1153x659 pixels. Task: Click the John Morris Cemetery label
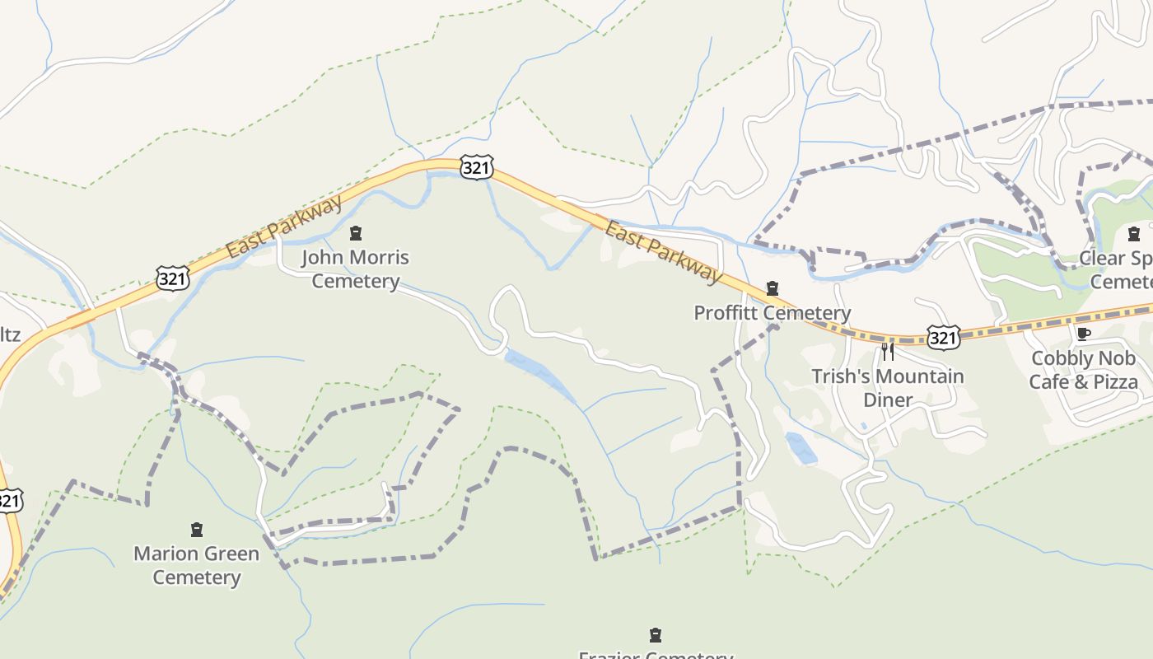[x=355, y=269]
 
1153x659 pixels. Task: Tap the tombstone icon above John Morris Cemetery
[x=356, y=234]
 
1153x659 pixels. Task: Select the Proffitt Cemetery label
[x=772, y=313]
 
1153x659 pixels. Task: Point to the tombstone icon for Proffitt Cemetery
[x=773, y=288]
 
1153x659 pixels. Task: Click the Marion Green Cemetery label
[x=196, y=565]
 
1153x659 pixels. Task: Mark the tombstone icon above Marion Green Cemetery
[x=197, y=530]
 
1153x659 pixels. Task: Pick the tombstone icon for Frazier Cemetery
[x=656, y=635]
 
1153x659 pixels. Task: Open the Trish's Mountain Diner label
[x=887, y=388]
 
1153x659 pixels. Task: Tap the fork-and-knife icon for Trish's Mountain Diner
[x=888, y=352]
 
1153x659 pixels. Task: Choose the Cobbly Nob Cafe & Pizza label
[x=1083, y=370]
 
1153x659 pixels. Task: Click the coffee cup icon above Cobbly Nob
[x=1084, y=334]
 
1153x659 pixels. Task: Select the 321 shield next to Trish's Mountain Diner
[x=942, y=337]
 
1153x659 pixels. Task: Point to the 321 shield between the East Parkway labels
[x=477, y=168]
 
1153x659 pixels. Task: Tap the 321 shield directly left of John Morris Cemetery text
[x=172, y=278]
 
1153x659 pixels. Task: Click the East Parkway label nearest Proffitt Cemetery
[x=662, y=250]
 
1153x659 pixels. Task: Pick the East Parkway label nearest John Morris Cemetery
[x=284, y=227]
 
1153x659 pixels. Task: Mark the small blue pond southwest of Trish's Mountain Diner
[x=801, y=447]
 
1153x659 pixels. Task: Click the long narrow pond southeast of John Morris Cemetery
[x=539, y=375]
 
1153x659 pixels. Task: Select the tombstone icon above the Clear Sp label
[x=1134, y=234]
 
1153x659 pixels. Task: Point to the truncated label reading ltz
[x=10, y=334]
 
